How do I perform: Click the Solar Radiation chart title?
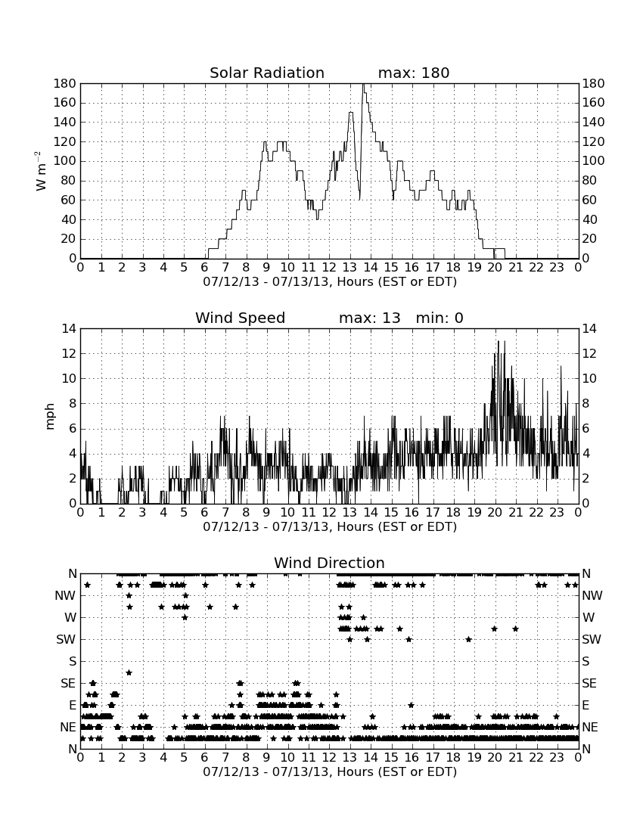click(x=267, y=73)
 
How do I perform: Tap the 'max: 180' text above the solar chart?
click(x=414, y=73)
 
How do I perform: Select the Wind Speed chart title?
click(x=241, y=318)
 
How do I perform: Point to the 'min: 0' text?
click(x=440, y=318)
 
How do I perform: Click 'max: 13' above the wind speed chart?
click(x=370, y=318)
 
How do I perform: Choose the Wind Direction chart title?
click(x=329, y=563)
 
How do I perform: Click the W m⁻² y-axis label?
click(x=41, y=171)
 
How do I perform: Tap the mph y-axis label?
click(x=50, y=417)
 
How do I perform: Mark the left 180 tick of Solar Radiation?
click(x=65, y=83)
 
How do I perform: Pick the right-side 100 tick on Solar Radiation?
click(x=593, y=161)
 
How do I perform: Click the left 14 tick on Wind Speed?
click(x=69, y=329)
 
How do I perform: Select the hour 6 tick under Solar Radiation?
click(x=204, y=267)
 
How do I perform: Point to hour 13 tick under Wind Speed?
click(x=349, y=512)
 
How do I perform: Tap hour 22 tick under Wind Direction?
click(x=536, y=757)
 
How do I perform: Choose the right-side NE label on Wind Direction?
click(x=590, y=727)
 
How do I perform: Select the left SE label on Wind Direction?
click(x=68, y=684)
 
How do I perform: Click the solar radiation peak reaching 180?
click(x=363, y=85)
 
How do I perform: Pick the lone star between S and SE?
click(x=129, y=672)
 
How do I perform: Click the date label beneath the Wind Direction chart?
click(x=330, y=771)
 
